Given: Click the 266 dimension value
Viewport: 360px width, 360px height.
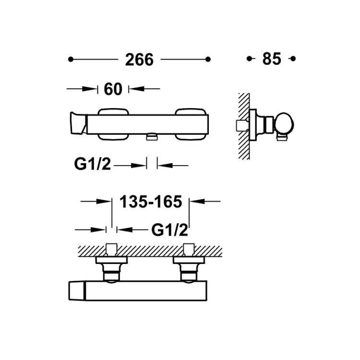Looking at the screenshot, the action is (x=139, y=60).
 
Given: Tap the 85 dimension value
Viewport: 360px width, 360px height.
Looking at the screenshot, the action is (x=272, y=59).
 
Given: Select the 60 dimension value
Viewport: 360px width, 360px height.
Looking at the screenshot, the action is (x=113, y=89).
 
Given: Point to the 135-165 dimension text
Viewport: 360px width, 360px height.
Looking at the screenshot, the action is (x=151, y=202).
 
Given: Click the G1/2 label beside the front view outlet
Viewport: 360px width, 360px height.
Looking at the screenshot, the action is (x=93, y=164).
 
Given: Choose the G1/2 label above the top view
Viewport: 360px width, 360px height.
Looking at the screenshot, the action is (x=169, y=230).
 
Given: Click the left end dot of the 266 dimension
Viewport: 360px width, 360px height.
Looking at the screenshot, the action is (x=71, y=60).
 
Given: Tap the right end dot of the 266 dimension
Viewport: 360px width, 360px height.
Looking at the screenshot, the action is (x=208, y=60).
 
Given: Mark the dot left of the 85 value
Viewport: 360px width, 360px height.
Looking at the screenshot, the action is (x=249, y=59).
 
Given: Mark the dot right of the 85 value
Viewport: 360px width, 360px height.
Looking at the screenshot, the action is (x=293, y=59).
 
